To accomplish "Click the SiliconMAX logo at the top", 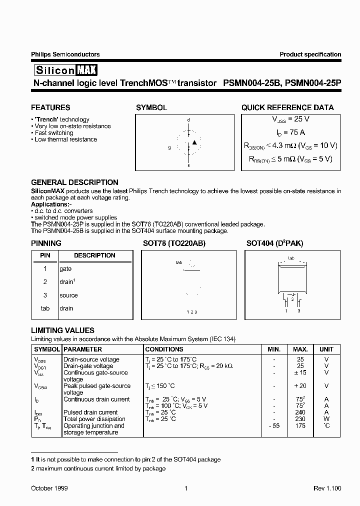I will [x=64, y=69].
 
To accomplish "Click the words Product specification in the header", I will [x=310, y=54].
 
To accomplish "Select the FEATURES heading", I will [x=50, y=107].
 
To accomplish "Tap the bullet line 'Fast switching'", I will [x=53, y=133].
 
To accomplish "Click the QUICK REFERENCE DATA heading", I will [x=287, y=107].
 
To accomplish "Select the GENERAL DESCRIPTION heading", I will [x=74, y=182].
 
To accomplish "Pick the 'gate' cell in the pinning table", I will [x=66, y=268].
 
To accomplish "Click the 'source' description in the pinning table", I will [x=68, y=295].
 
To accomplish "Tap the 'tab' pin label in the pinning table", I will [x=45, y=308].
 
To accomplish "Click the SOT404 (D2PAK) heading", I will [x=274, y=243].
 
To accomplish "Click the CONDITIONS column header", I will [x=164, y=349].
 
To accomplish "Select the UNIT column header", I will [x=326, y=349].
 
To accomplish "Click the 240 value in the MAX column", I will [x=300, y=412].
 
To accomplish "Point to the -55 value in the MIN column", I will [x=274, y=425].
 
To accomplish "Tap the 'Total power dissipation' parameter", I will [x=94, y=419].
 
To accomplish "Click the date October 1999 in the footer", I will [x=49, y=488].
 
